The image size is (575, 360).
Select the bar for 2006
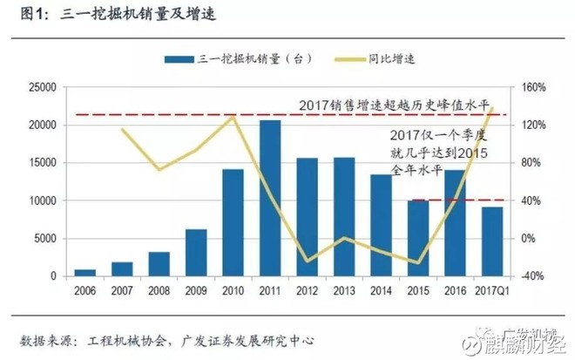(x=85, y=272)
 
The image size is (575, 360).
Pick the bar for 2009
(x=196, y=253)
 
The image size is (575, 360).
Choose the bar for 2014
(x=381, y=225)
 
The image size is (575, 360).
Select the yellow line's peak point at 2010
(x=233, y=116)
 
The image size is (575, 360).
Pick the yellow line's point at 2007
(x=122, y=131)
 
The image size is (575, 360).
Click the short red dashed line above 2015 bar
(x=456, y=200)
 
